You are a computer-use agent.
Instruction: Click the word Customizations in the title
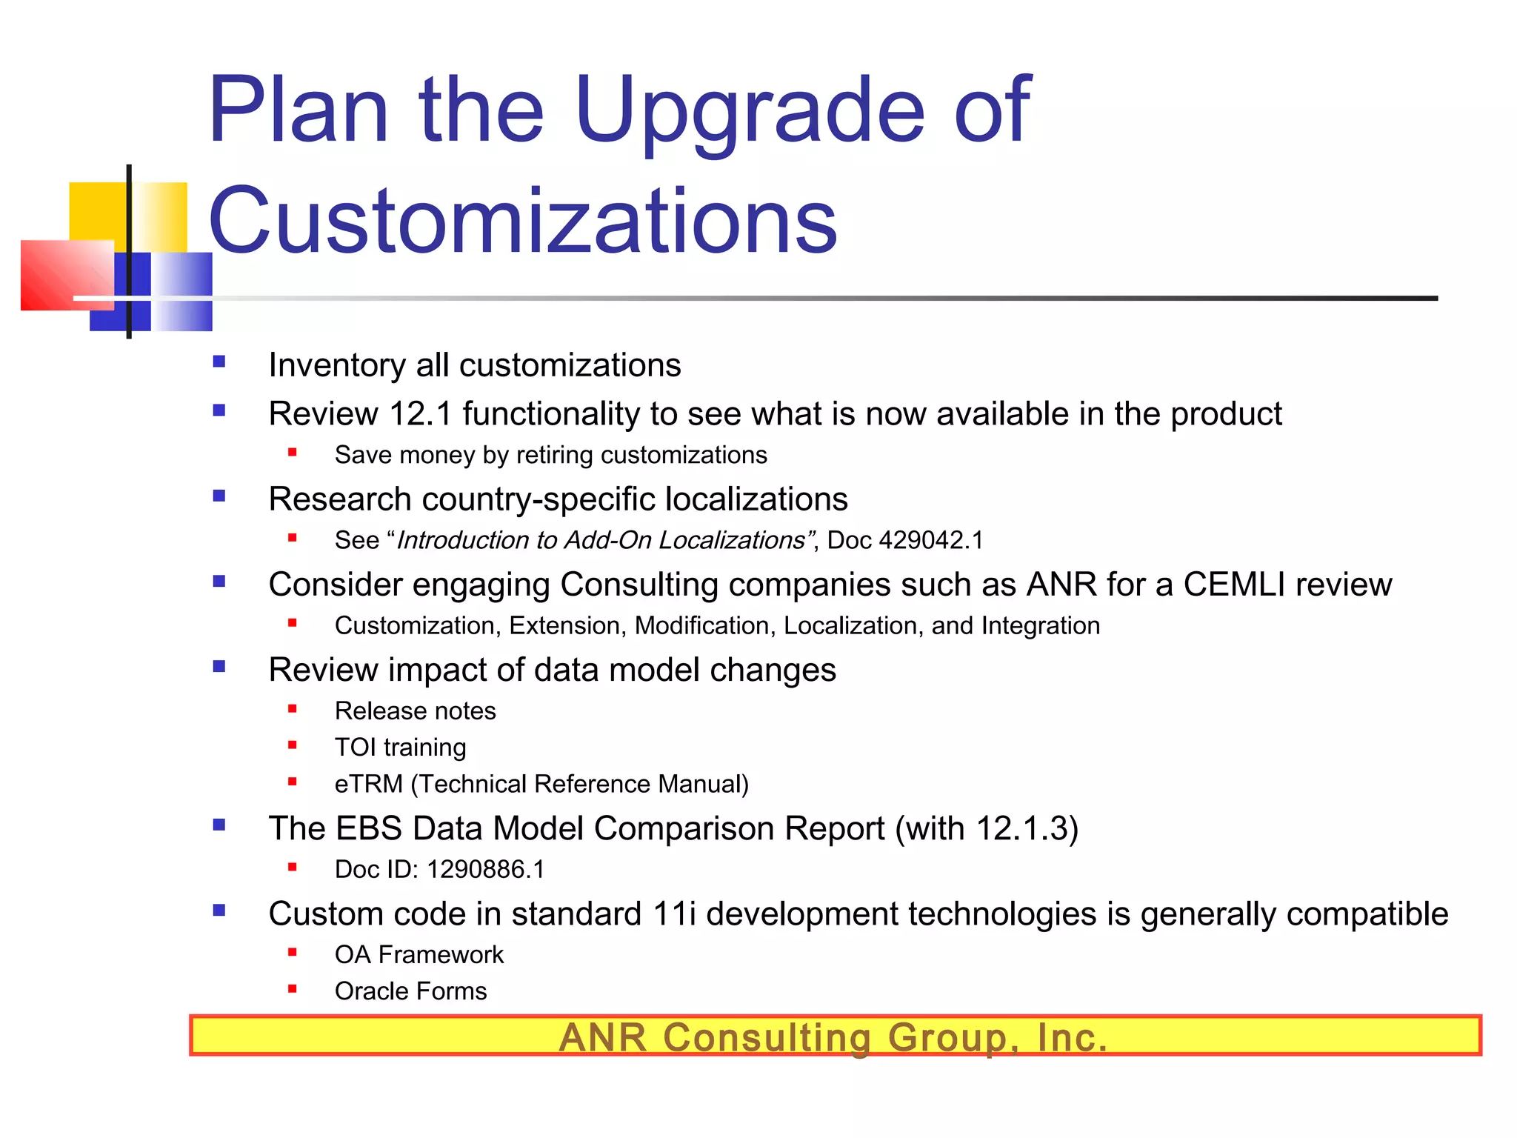(523, 221)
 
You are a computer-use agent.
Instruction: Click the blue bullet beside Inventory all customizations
(219, 362)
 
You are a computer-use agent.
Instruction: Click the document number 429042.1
(930, 541)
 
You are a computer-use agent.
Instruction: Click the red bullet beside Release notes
(293, 709)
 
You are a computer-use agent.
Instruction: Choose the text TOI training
(400, 748)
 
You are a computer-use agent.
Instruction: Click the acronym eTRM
(368, 785)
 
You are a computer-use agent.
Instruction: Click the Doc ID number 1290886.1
(486, 870)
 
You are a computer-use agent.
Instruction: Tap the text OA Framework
(419, 955)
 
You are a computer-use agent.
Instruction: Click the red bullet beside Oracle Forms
(293, 988)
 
